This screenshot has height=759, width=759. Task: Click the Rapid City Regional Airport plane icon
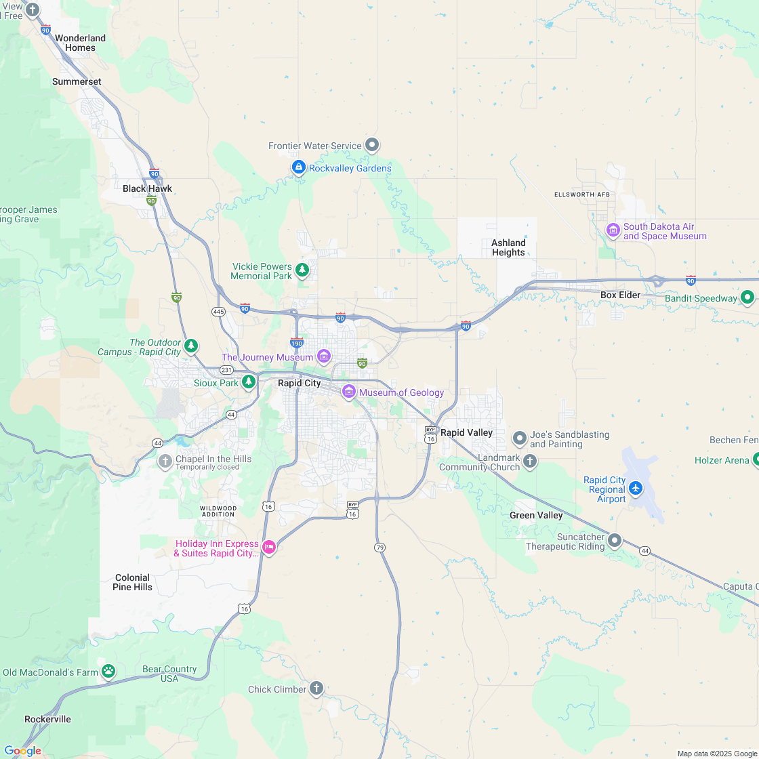coord(635,488)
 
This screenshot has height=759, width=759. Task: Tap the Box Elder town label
coord(620,295)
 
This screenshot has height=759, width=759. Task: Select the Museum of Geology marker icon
coord(349,392)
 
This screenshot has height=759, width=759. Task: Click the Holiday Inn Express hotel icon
coord(269,548)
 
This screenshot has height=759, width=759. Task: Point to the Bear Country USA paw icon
coord(108,672)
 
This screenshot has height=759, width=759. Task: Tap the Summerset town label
coord(77,81)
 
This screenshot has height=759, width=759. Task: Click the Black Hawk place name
coord(147,188)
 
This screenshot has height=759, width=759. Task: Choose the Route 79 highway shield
coord(379,547)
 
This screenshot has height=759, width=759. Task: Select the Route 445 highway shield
coord(218,312)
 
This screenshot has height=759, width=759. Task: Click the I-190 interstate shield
coord(297,342)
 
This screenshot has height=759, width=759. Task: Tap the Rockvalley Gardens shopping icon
coord(298,167)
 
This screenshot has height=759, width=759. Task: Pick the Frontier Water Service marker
coord(372,145)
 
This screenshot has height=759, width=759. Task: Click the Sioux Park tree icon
coord(249,382)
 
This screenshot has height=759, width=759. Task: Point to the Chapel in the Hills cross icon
coord(165,462)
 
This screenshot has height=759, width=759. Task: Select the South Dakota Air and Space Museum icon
coord(613,231)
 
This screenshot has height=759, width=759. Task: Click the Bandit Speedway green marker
coord(747,298)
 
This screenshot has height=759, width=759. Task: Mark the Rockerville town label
coord(47,719)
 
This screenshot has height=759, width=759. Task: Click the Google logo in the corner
coord(22,750)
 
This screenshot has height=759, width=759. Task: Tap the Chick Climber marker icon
coord(316,689)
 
